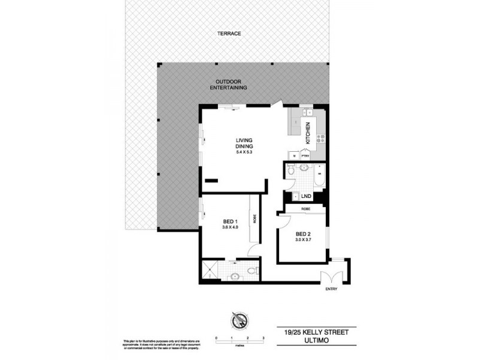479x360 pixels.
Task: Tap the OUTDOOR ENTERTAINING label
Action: (x=232, y=85)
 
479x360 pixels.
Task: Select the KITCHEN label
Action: (x=308, y=131)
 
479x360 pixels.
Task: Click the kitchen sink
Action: (x=308, y=112)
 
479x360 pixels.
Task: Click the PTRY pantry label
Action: (x=305, y=155)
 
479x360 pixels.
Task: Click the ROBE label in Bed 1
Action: (x=254, y=219)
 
